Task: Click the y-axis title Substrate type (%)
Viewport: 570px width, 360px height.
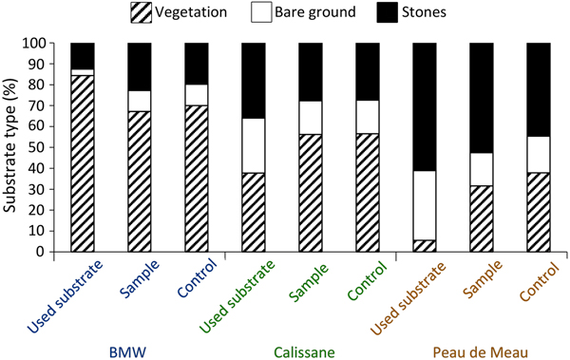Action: tap(13, 146)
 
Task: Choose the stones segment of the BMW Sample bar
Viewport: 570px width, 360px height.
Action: tap(140, 66)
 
